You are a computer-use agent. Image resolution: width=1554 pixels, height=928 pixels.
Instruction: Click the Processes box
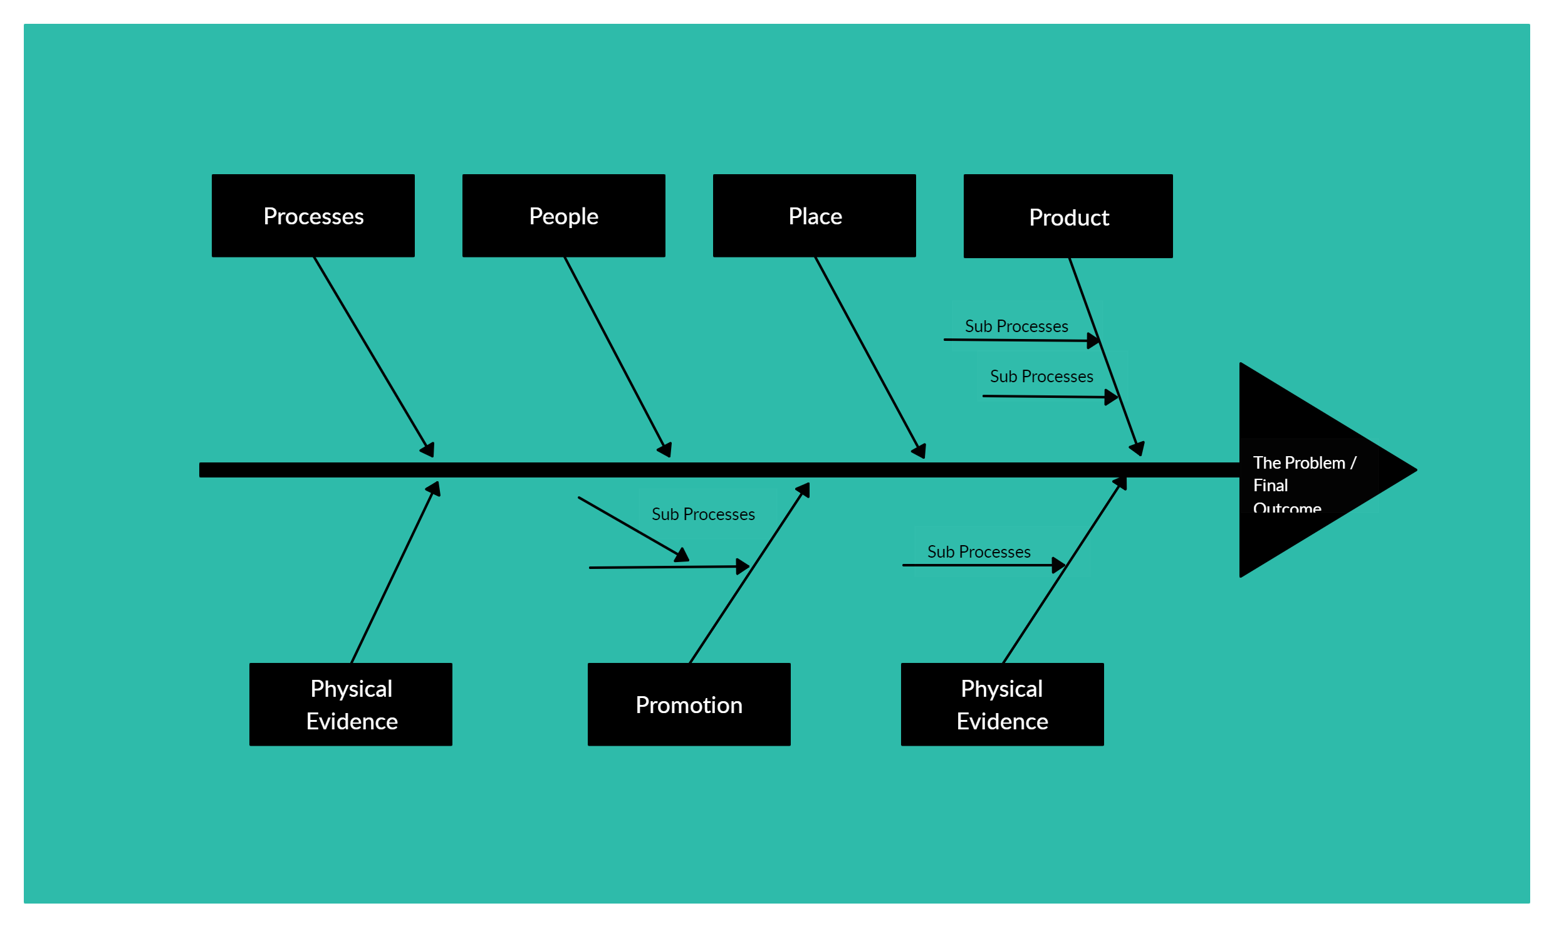tap(313, 216)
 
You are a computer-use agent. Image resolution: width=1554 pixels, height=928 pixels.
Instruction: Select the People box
tap(563, 216)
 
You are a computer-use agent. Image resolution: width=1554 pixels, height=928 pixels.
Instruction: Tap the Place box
tap(814, 216)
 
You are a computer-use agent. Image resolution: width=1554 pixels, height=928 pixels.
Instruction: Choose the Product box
tap(1068, 216)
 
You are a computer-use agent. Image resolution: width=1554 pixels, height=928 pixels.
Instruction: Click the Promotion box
tap(689, 704)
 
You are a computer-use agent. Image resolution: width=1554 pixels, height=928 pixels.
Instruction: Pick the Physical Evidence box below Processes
tap(350, 704)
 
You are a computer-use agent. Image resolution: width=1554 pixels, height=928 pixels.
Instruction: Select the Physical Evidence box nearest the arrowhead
tap(1002, 704)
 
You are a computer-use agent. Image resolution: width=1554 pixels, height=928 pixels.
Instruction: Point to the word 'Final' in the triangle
tap(1270, 486)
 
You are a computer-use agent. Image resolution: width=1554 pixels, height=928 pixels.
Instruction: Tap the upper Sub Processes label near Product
tap(1016, 326)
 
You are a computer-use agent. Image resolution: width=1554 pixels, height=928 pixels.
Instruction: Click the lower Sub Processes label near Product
tap(1041, 377)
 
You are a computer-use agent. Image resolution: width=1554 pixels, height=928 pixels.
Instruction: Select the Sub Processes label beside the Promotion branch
tap(702, 514)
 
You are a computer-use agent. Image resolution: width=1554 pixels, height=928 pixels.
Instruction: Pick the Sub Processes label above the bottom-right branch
tap(978, 552)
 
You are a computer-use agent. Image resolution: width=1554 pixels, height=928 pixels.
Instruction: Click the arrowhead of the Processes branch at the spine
tap(428, 449)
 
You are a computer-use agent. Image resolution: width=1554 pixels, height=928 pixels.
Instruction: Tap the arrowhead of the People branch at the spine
tap(665, 449)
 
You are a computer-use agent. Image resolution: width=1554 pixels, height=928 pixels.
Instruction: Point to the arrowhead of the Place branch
tap(919, 451)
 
